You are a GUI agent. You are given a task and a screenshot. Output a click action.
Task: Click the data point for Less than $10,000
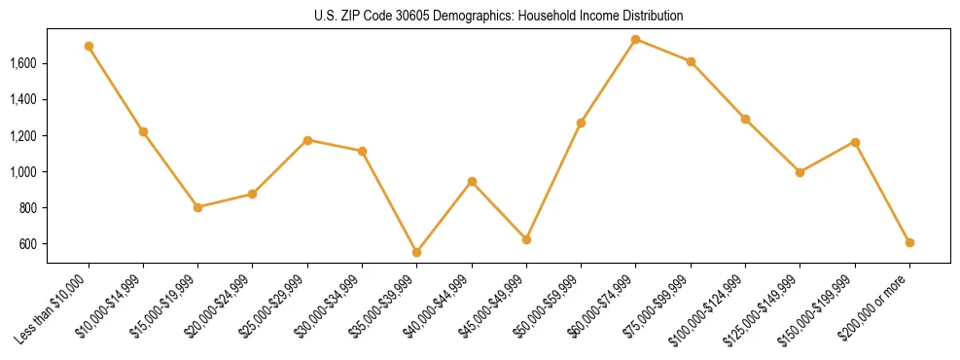pos(89,46)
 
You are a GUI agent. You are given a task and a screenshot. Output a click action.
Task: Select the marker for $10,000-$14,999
pos(143,131)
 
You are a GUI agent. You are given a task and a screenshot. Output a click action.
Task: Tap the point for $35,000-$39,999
pos(416,252)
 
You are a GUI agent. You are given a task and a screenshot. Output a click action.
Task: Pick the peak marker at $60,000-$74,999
pos(635,39)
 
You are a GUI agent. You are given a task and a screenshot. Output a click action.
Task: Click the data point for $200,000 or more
pos(909,242)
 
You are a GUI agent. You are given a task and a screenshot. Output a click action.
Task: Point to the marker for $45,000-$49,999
pos(526,239)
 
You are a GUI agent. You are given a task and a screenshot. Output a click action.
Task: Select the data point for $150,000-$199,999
pos(855,142)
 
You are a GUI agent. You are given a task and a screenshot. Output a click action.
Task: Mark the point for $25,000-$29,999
pos(307,140)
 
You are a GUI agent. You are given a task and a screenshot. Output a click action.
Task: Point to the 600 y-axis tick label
pos(28,244)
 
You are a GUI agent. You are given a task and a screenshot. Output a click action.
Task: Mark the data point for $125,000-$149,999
pos(800,172)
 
